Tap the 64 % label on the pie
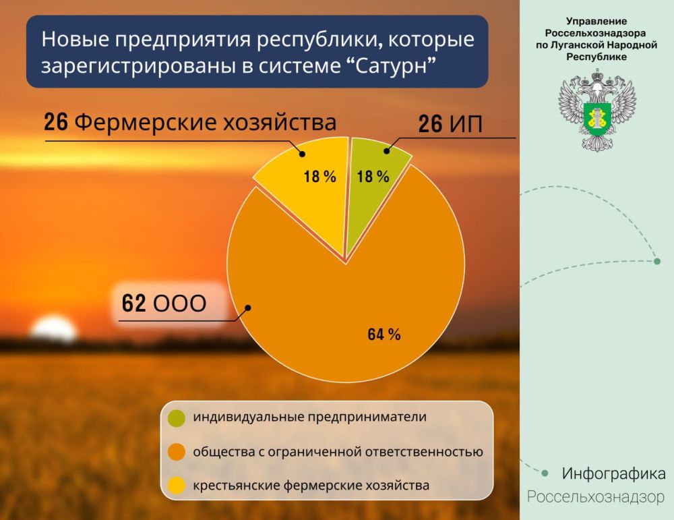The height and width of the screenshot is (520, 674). pyautogui.click(x=384, y=335)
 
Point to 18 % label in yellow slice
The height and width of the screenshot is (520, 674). pyautogui.click(x=319, y=176)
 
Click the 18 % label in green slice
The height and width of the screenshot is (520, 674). pyautogui.click(x=373, y=176)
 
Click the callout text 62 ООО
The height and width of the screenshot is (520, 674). pyautogui.click(x=164, y=304)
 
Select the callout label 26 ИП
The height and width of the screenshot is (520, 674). pyautogui.click(x=450, y=124)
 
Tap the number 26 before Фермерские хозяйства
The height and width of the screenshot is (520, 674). pyautogui.click(x=56, y=121)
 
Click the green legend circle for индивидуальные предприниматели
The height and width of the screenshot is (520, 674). pyautogui.click(x=177, y=417)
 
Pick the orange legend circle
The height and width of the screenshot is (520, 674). pyautogui.click(x=177, y=452)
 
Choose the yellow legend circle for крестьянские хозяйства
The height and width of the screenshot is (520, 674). pyautogui.click(x=177, y=486)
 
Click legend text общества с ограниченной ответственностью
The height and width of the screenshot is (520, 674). pyautogui.click(x=338, y=452)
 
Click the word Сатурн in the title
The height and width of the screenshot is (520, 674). pyautogui.click(x=390, y=66)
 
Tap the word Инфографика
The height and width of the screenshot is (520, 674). pyautogui.click(x=614, y=473)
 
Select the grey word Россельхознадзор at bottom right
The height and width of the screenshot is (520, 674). pyautogui.click(x=596, y=497)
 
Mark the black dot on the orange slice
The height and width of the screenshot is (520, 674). pyautogui.click(x=247, y=308)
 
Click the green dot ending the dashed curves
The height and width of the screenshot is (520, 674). pyautogui.click(x=656, y=261)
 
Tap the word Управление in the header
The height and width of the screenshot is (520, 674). pyautogui.click(x=596, y=21)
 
